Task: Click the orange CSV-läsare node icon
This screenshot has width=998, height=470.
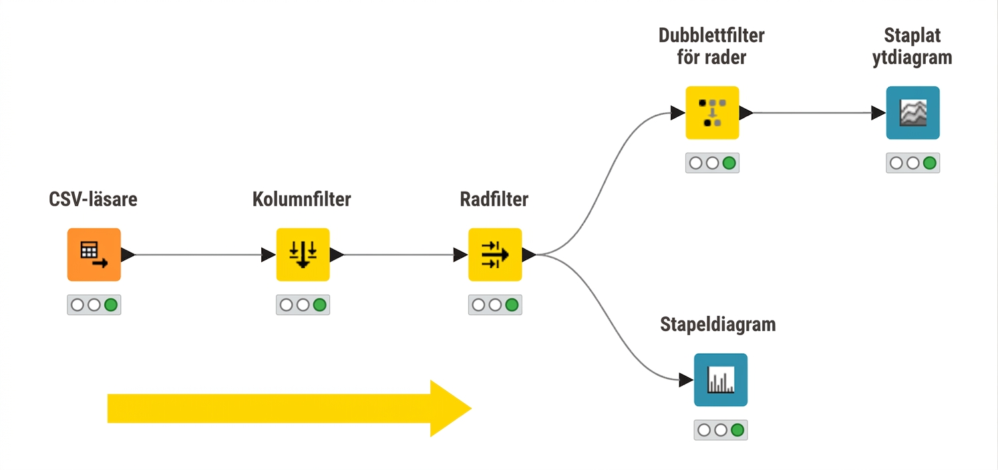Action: click(x=94, y=254)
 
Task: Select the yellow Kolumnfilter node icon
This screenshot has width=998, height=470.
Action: click(x=303, y=254)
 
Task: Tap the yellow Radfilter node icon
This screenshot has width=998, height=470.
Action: click(x=495, y=254)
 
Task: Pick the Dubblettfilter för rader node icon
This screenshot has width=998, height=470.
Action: click(x=712, y=113)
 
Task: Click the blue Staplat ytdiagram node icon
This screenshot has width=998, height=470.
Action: click(x=913, y=113)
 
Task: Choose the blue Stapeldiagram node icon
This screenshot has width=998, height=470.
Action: click(x=721, y=380)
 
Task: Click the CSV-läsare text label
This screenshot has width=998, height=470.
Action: click(x=93, y=199)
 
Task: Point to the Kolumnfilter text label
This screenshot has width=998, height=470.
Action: click(x=302, y=199)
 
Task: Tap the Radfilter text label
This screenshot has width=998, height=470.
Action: click(x=494, y=199)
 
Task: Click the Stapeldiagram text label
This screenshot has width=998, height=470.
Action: click(x=717, y=325)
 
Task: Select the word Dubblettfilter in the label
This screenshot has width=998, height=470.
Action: click(x=711, y=35)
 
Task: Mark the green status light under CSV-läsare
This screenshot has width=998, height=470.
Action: click(x=111, y=305)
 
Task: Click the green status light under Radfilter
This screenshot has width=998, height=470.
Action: click(x=512, y=305)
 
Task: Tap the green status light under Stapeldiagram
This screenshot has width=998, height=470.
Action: click(x=737, y=430)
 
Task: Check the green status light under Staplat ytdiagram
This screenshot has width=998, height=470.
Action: click(x=930, y=163)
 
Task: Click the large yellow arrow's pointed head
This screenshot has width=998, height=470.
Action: click(x=471, y=408)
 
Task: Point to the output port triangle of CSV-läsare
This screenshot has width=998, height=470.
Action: click(x=128, y=254)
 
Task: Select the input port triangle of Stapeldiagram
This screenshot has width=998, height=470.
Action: click(x=686, y=380)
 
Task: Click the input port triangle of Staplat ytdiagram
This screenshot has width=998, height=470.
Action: click(x=878, y=113)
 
